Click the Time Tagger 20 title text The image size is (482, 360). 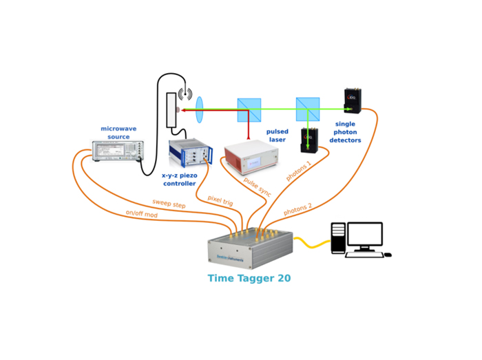(249, 279)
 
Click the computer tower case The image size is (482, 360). (338, 240)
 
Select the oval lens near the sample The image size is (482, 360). (200, 109)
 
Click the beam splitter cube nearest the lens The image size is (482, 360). (249, 109)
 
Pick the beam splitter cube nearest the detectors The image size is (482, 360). (308, 109)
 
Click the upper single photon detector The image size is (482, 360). (354, 100)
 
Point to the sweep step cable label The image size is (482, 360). (169, 204)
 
